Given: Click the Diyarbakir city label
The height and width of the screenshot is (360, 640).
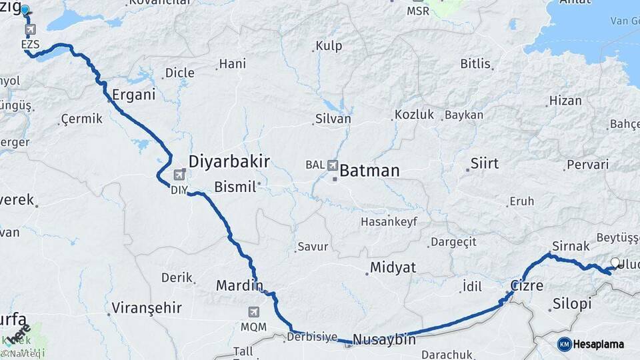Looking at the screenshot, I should tap(229, 161).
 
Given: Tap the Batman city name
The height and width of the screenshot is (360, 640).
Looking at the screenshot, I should tap(369, 171).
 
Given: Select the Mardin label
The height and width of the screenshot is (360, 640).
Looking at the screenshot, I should tap(239, 285).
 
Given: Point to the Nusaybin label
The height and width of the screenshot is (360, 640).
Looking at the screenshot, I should tap(384, 339).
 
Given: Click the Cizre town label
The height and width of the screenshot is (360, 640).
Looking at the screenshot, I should tap(527, 285).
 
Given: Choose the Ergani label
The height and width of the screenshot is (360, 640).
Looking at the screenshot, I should tap(133, 94).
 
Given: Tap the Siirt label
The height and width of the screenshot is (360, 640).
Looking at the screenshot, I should tap(484, 163).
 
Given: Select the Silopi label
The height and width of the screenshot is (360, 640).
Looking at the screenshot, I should tap(572, 304).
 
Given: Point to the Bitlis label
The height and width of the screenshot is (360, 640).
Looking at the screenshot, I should tap(475, 64).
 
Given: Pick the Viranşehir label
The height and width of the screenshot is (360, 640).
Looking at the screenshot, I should tap(147, 307).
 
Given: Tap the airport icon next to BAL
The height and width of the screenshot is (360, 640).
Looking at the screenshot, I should tap(332, 164).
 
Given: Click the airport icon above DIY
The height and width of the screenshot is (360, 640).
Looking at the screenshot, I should tap(179, 175).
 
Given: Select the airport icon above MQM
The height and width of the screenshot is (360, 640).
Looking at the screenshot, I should tap(253, 312).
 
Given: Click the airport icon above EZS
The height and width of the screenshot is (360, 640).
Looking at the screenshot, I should tap(31, 30).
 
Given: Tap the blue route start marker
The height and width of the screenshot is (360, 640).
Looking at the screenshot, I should tap(25, 10).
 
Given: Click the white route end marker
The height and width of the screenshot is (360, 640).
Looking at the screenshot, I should tap(615, 263).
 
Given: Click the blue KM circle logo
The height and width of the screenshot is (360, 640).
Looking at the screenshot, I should tap(564, 344).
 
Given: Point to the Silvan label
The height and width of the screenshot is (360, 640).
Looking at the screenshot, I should tap(333, 119).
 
